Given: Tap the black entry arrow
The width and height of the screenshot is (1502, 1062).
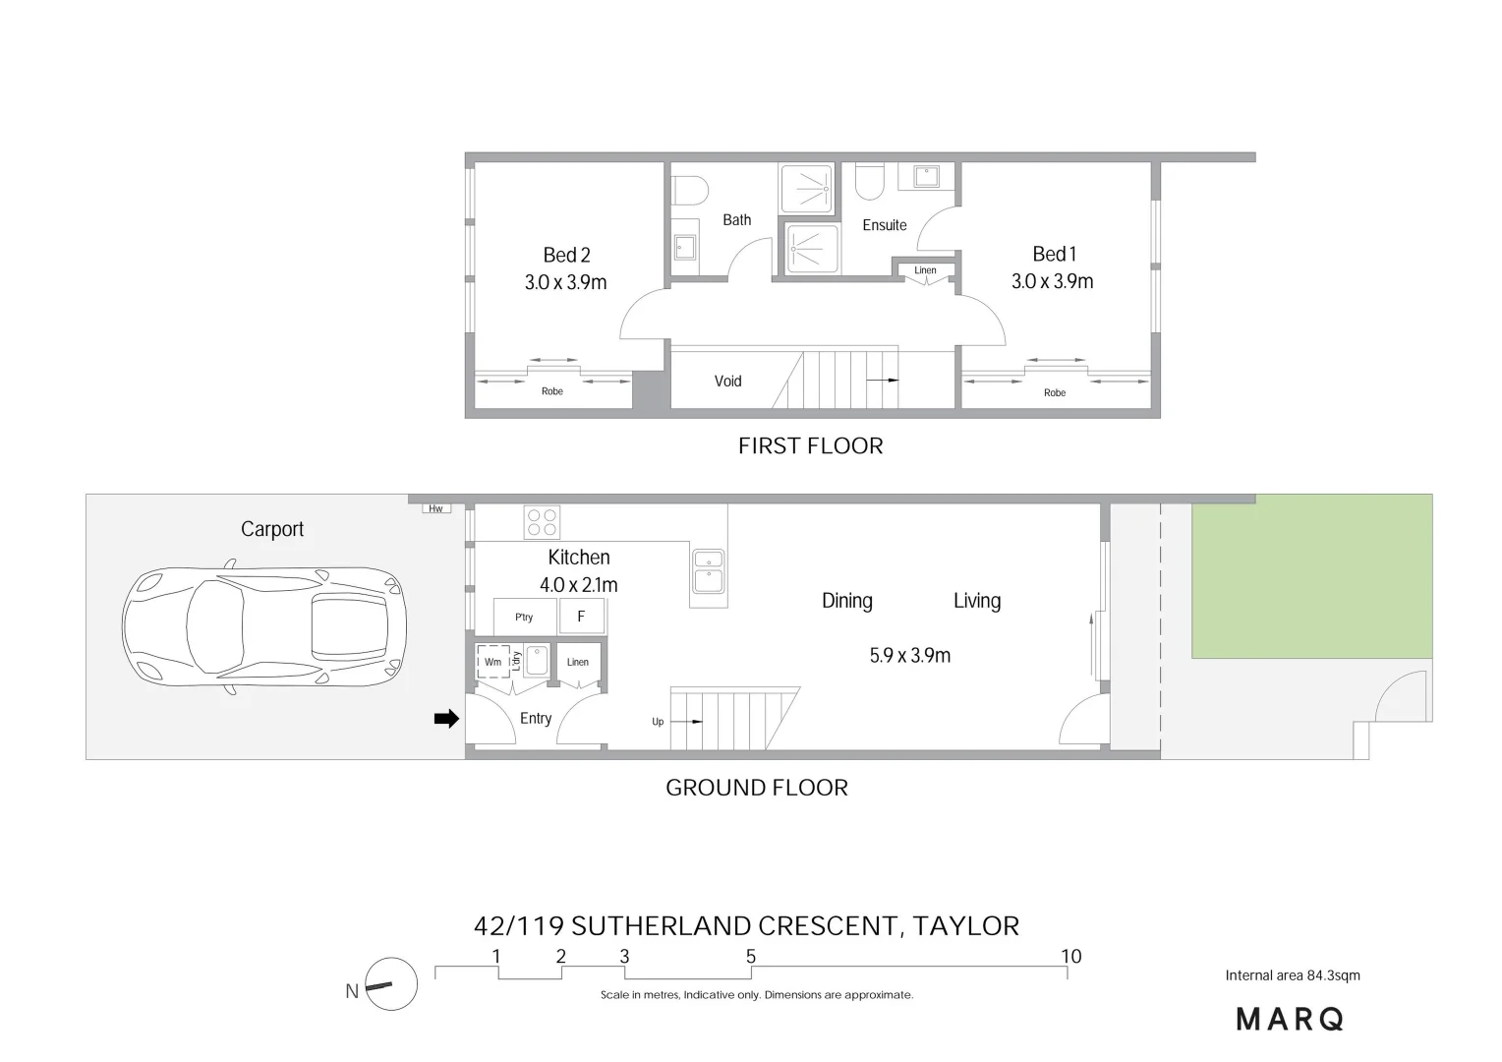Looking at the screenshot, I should click(x=446, y=719).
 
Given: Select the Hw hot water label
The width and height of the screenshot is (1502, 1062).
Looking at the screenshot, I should click(x=435, y=508).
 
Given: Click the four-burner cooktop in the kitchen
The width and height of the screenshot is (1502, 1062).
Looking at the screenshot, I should click(x=542, y=521).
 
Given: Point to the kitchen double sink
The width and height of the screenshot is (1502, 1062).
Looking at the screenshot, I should click(x=708, y=570).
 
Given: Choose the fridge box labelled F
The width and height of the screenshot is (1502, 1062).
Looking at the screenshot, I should click(x=581, y=617).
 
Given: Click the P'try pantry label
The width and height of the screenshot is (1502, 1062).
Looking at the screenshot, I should click(x=524, y=618).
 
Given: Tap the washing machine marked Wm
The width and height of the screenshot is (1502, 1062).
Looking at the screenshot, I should click(x=492, y=662).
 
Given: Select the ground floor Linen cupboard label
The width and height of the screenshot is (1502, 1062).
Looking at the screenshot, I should click(x=578, y=662).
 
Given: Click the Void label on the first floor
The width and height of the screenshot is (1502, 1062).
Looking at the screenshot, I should click(x=727, y=382).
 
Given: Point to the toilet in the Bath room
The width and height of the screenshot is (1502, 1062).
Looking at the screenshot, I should click(x=693, y=188).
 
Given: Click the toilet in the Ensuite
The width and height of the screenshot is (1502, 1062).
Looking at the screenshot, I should click(x=869, y=180).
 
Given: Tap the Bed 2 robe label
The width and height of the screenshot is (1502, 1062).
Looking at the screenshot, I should click(x=552, y=391).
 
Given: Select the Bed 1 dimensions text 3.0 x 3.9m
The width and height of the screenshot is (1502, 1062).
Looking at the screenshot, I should click(x=1052, y=281).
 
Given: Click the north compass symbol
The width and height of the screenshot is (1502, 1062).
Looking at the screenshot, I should click(x=390, y=984).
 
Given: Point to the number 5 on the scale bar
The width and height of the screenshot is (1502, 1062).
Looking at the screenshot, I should click(x=751, y=957).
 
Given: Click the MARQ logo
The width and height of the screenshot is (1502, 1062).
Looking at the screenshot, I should click(x=1290, y=1020).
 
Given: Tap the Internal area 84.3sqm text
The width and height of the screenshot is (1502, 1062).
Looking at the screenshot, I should click(x=1293, y=975).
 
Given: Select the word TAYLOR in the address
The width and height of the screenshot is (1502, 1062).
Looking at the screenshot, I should click(x=965, y=926).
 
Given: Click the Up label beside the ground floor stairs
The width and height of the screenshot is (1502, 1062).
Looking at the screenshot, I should click(x=658, y=722).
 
